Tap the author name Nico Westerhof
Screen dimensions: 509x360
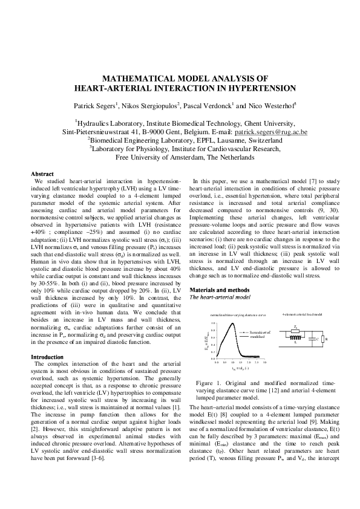tap(270, 105)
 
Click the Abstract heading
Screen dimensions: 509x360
tap(42, 173)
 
